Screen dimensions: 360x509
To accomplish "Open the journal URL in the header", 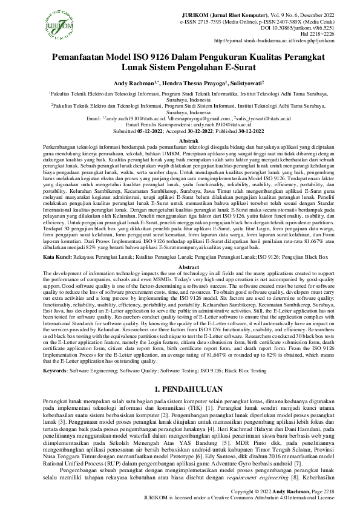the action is [284, 42].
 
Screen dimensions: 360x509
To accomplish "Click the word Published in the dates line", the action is [218, 131].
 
